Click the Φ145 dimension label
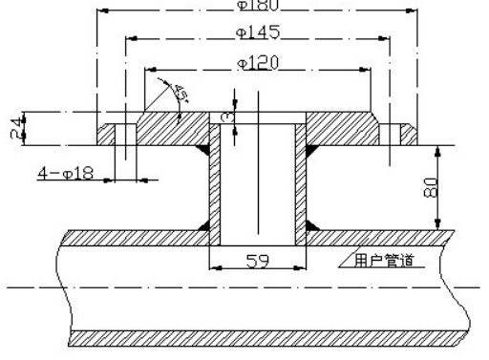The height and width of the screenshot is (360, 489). coord(254,33)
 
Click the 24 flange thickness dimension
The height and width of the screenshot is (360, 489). coord(14,127)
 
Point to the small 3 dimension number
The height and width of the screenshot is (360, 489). coord(224,116)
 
